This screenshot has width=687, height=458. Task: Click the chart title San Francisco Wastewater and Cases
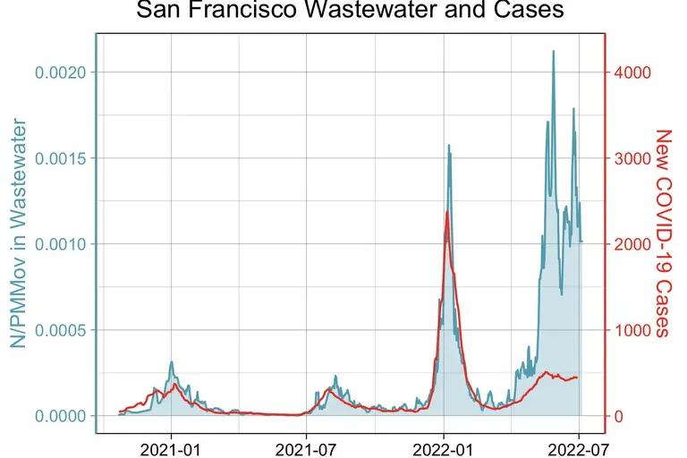point(350,11)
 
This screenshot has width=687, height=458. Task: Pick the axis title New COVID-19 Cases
point(663,233)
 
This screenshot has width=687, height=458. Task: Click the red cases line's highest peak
point(446,212)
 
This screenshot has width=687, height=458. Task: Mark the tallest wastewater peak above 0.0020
point(553,52)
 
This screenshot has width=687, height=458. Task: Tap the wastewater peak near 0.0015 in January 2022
point(449,145)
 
